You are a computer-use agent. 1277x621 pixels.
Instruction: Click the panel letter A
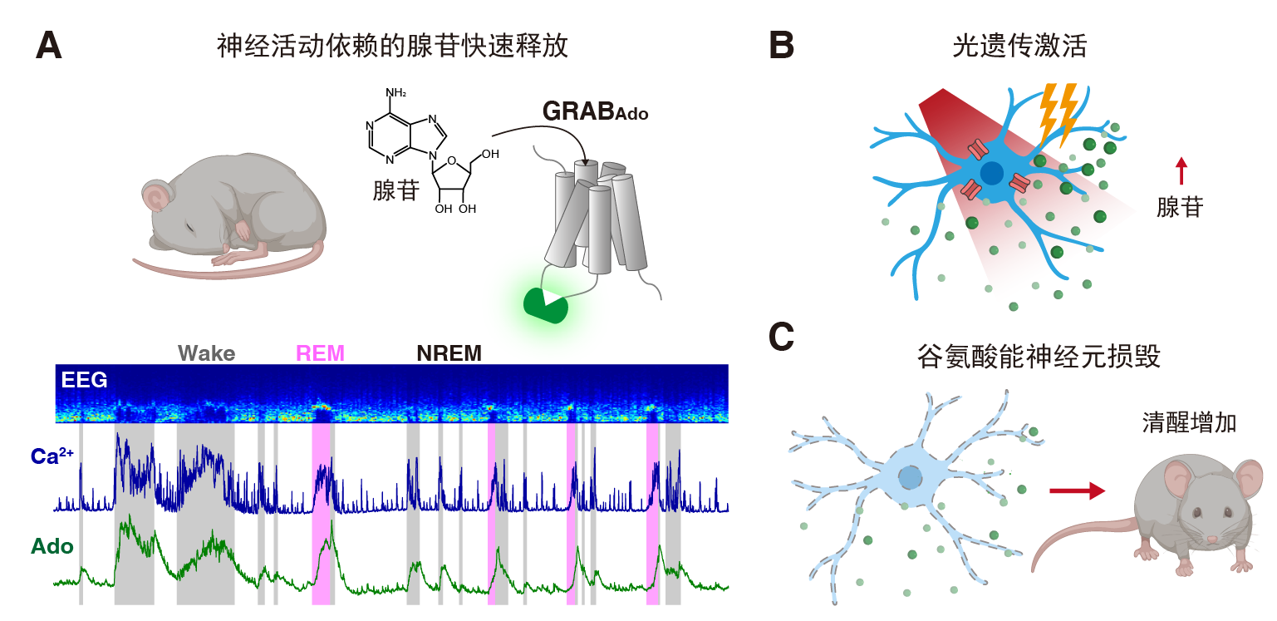[49, 45]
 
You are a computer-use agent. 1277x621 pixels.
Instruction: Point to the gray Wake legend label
[206, 353]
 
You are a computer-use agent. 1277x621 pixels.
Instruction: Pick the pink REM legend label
[320, 353]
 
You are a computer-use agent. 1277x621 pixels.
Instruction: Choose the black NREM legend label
[449, 353]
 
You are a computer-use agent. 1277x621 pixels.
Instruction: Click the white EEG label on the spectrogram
[84, 380]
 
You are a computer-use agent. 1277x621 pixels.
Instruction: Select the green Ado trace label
[52, 546]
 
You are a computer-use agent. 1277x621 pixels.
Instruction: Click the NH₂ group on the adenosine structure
[395, 91]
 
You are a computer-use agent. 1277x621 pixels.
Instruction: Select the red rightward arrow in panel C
[1077, 491]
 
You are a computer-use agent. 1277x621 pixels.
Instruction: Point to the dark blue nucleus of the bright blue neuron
[991, 173]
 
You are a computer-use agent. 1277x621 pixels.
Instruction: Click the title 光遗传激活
[1019, 46]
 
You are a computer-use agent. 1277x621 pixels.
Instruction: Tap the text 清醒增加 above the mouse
[1190, 423]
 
